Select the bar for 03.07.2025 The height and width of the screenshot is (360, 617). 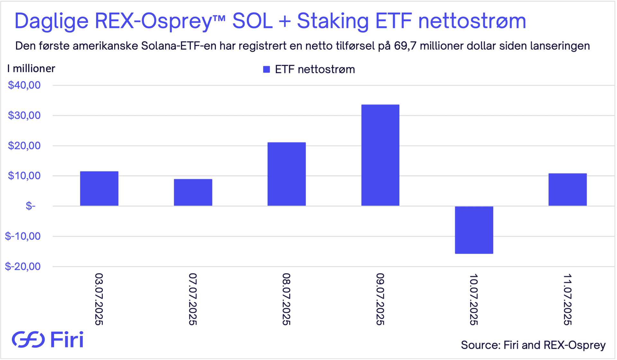coord(99,189)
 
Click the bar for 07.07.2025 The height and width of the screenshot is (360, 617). coord(193,193)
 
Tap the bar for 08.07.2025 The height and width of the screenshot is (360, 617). coord(287,174)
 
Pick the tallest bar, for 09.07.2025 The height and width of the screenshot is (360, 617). coord(380,155)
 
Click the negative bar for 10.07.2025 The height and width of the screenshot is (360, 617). coord(474,230)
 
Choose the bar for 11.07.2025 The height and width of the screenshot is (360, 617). coord(568,190)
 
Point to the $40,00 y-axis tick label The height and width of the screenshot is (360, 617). coord(24,85)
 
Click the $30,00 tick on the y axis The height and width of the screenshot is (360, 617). coord(24,115)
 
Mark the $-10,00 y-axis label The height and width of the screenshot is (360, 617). coord(23,236)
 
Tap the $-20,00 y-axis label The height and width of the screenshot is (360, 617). coord(23,266)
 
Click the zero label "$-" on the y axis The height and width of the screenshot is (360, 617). coord(31,206)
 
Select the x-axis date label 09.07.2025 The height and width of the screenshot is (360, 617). coord(380,299)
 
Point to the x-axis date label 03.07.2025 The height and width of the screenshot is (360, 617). coord(99,299)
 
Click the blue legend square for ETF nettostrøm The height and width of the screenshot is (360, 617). coord(266,69)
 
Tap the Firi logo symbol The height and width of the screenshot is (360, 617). coord(28,339)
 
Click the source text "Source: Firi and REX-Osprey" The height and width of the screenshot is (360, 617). coord(533,345)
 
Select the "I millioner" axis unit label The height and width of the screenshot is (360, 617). coord(31,68)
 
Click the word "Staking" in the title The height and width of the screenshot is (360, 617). coord(333,21)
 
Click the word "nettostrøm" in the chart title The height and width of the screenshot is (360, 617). coord(472,21)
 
